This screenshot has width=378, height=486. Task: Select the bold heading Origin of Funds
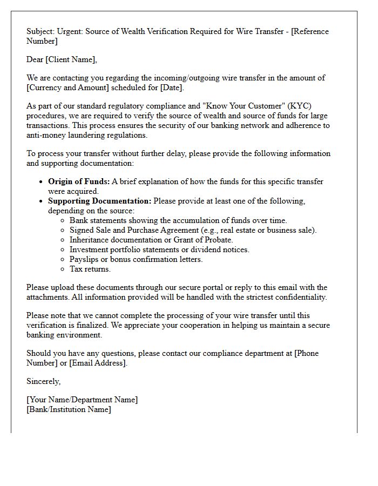(x=78, y=181)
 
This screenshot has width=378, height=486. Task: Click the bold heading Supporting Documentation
(x=99, y=201)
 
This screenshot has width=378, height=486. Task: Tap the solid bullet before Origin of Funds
(x=42, y=182)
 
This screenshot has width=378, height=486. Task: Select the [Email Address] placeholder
(x=98, y=363)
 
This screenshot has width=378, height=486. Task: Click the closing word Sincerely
(x=43, y=381)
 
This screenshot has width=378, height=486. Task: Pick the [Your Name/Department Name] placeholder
(x=82, y=400)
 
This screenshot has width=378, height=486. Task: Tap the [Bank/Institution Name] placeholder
(x=69, y=409)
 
